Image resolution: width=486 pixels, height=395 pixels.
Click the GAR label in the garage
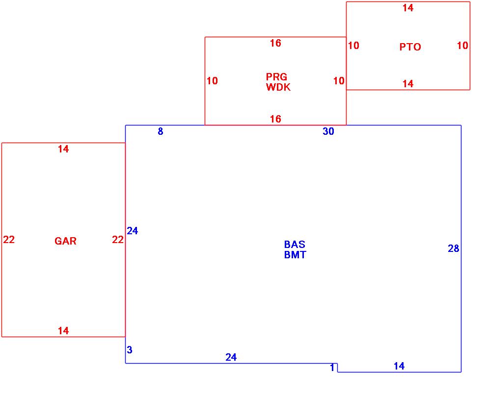tap(65, 241)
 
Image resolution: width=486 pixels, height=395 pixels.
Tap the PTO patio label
tap(410, 47)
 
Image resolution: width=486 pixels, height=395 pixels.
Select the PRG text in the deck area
tap(276, 77)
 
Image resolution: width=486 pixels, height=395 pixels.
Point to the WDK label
tap(278, 87)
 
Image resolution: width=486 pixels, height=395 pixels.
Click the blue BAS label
tap(295, 245)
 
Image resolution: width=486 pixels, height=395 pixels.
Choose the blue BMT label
tap(295, 255)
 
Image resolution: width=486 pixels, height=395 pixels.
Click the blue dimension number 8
tap(161, 131)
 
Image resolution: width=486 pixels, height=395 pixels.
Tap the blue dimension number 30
tap(328, 131)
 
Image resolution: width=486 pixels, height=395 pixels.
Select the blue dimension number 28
tap(453, 248)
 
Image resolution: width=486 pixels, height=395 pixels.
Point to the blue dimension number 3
tap(130, 350)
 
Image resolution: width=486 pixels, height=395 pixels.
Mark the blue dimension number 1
tap(332, 368)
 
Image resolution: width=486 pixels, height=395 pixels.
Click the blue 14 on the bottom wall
tap(399, 366)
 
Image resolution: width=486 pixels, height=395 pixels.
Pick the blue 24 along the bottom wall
tap(231, 357)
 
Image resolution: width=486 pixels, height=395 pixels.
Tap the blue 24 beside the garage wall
tap(133, 230)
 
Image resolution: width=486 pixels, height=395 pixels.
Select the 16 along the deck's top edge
tap(275, 43)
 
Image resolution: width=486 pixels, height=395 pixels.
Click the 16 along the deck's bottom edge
tap(275, 119)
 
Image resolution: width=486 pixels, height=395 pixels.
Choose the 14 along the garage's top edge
tap(63, 149)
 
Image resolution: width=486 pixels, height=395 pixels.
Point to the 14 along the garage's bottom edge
tap(63, 331)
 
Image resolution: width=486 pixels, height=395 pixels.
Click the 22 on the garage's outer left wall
tap(9, 240)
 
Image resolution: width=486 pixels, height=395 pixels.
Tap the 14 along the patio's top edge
tap(408, 8)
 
